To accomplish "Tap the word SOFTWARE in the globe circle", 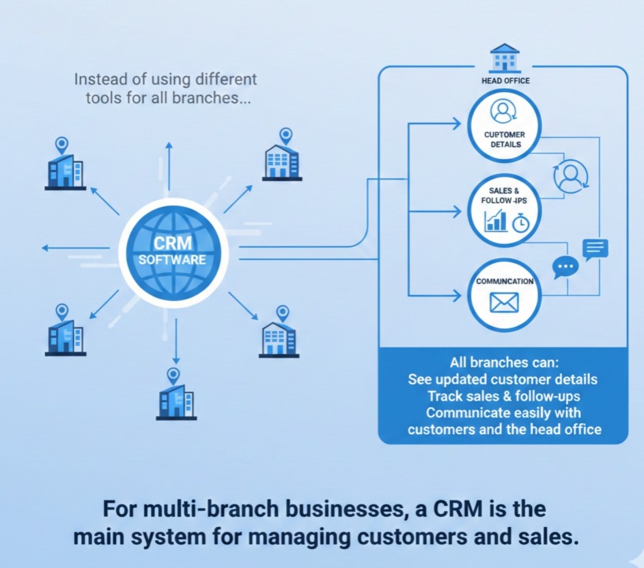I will tap(172, 260).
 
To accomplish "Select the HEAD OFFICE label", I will tap(505, 81).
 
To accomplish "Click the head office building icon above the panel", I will tap(504, 58).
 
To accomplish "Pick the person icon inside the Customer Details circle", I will tap(504, 110).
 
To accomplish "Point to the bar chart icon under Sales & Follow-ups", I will tap(495, 221).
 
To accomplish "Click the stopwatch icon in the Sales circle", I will tap(521, 222).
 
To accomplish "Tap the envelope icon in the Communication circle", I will tap(504, 302).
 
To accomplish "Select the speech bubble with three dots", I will tap(565, 266).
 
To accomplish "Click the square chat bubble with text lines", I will tap(595, 248).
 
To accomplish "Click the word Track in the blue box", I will tap(446, 396).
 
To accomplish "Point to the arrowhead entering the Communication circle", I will tap(456, 296).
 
